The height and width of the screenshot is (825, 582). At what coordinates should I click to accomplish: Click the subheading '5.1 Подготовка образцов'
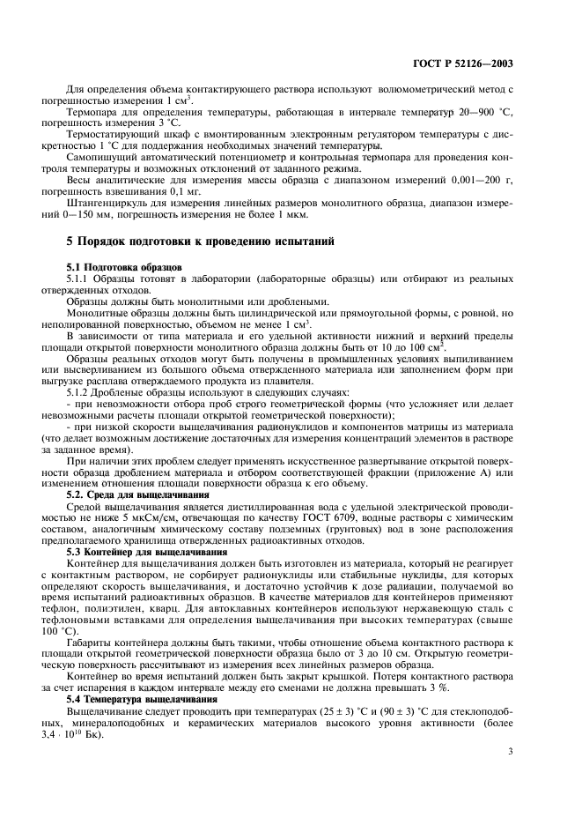click(x=124, y=265)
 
